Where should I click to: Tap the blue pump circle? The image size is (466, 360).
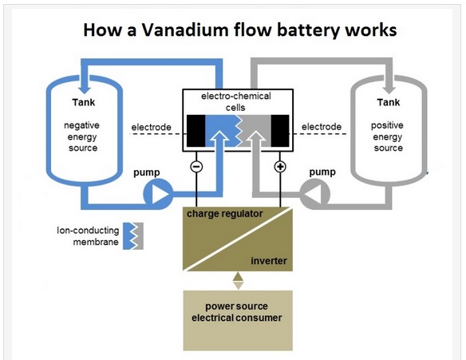(x=158, y=195)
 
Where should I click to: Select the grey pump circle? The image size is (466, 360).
(x=314, y=195)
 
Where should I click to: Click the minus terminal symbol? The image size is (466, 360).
(x=196, y=167)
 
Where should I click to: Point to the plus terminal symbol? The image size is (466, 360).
(x=280, y=167)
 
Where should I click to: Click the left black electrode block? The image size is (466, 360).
(x=195, y=131)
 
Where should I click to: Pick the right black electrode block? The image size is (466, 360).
(x=280, y=131)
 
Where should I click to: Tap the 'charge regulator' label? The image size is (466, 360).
(x=225, y=214)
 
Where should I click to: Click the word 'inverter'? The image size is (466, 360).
(x=269, y=261)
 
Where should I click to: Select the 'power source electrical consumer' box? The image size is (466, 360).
(x=238, y=320)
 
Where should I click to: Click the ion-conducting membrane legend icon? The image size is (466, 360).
(x=133, y=235)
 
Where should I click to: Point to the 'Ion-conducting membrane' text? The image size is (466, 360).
(x=88, y=236)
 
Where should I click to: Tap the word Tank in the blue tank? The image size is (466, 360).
(x=84, y=102)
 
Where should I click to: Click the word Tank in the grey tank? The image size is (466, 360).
(x=389, y=102)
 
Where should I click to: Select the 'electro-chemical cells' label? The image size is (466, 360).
(x=236, y=101)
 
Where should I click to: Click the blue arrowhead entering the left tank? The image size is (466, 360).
(x=86, y=89)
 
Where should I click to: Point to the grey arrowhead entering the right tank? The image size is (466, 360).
(x=389, y=89)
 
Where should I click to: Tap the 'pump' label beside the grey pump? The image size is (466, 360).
(x=322, y=172)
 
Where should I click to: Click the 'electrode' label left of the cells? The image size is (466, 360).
(x=152, y=127)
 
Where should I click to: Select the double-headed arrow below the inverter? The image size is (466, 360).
(x=238, y=281)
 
